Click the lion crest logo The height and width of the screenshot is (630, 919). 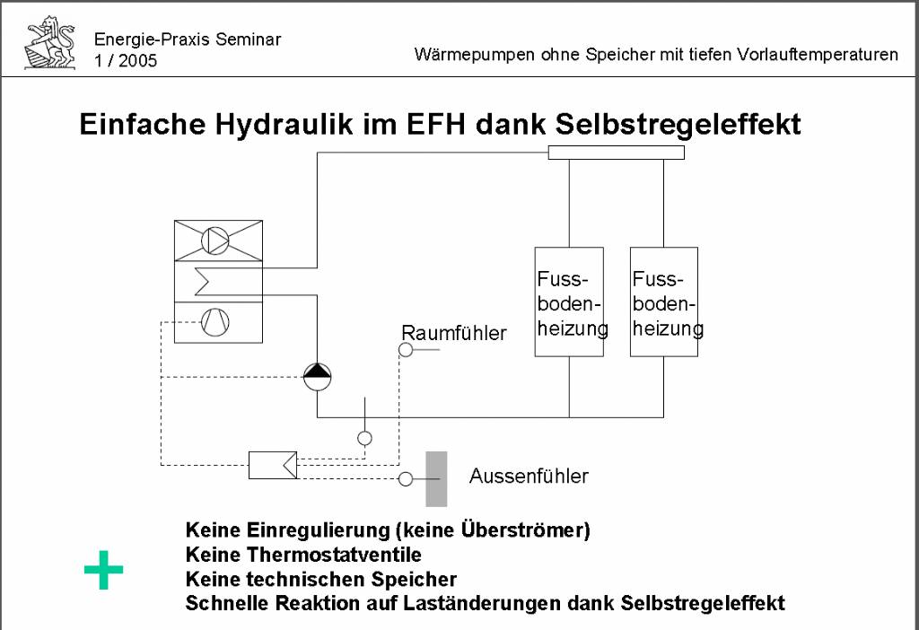pos(50,43)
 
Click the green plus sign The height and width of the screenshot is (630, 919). pos(104,570)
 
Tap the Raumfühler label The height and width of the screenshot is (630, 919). pos(453,333)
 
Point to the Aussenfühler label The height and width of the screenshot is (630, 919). pos(529,476)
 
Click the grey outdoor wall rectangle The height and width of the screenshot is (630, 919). pos(436,479)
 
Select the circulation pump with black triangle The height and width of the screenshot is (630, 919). pos(317,377)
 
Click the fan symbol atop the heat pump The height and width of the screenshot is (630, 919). pos(215,241)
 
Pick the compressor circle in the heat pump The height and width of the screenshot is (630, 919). pos(215,322)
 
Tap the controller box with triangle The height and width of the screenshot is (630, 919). pos(273,466)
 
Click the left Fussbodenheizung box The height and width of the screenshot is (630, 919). pos(569,302)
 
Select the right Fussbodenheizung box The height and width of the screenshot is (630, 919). pos(664,302)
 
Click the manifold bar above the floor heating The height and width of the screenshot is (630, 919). pos(616,153)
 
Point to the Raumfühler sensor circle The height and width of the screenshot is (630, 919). pos(406,350)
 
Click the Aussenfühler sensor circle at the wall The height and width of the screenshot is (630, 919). pos(406,479)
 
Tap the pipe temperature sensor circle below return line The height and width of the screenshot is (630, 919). pos(364,438)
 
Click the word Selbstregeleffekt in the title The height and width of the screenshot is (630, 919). pos(678,124)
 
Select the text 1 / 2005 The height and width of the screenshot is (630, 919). pos(126,60)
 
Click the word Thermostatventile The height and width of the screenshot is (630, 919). pos(334,555)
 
